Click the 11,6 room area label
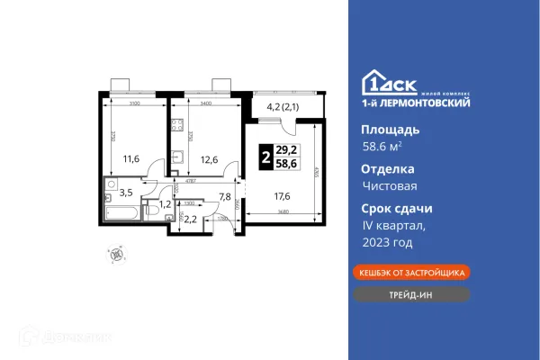click(x=131, y=159)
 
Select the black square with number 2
click(x=265, y=154)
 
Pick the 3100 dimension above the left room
click(x=133, y=103)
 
